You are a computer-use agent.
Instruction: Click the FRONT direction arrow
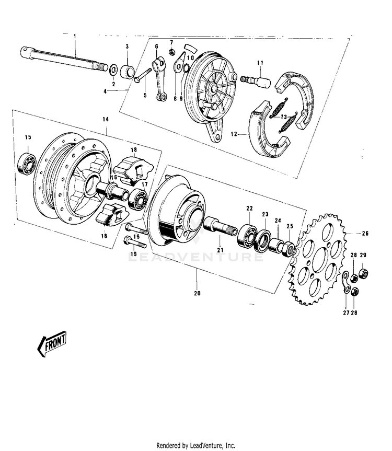point(52,344)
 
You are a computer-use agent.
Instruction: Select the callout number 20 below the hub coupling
point(197,293)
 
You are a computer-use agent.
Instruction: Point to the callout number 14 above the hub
point(106,120)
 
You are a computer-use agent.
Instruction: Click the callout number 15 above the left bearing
point(28,137)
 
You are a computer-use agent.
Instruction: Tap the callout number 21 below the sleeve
point(220,250)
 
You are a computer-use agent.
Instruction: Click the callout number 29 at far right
point(363,255)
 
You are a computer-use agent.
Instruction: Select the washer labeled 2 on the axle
point(112,68)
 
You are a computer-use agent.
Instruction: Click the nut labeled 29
point(364,273)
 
